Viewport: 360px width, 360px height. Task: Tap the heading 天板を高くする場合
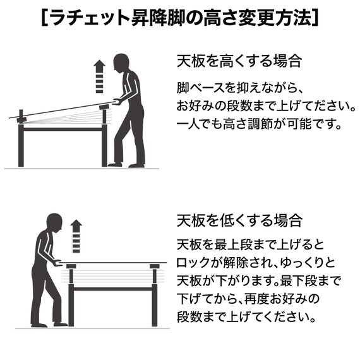(x=239, y=62)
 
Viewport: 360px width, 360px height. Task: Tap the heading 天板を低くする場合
(x=239, y=221)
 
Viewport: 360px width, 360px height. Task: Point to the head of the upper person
(x=122, y=63)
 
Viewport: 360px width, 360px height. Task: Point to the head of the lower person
(x=54, y=222)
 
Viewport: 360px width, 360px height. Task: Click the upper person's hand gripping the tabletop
(x=115, y=100)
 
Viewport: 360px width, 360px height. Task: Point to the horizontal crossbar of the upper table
(x=63, y=129)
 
